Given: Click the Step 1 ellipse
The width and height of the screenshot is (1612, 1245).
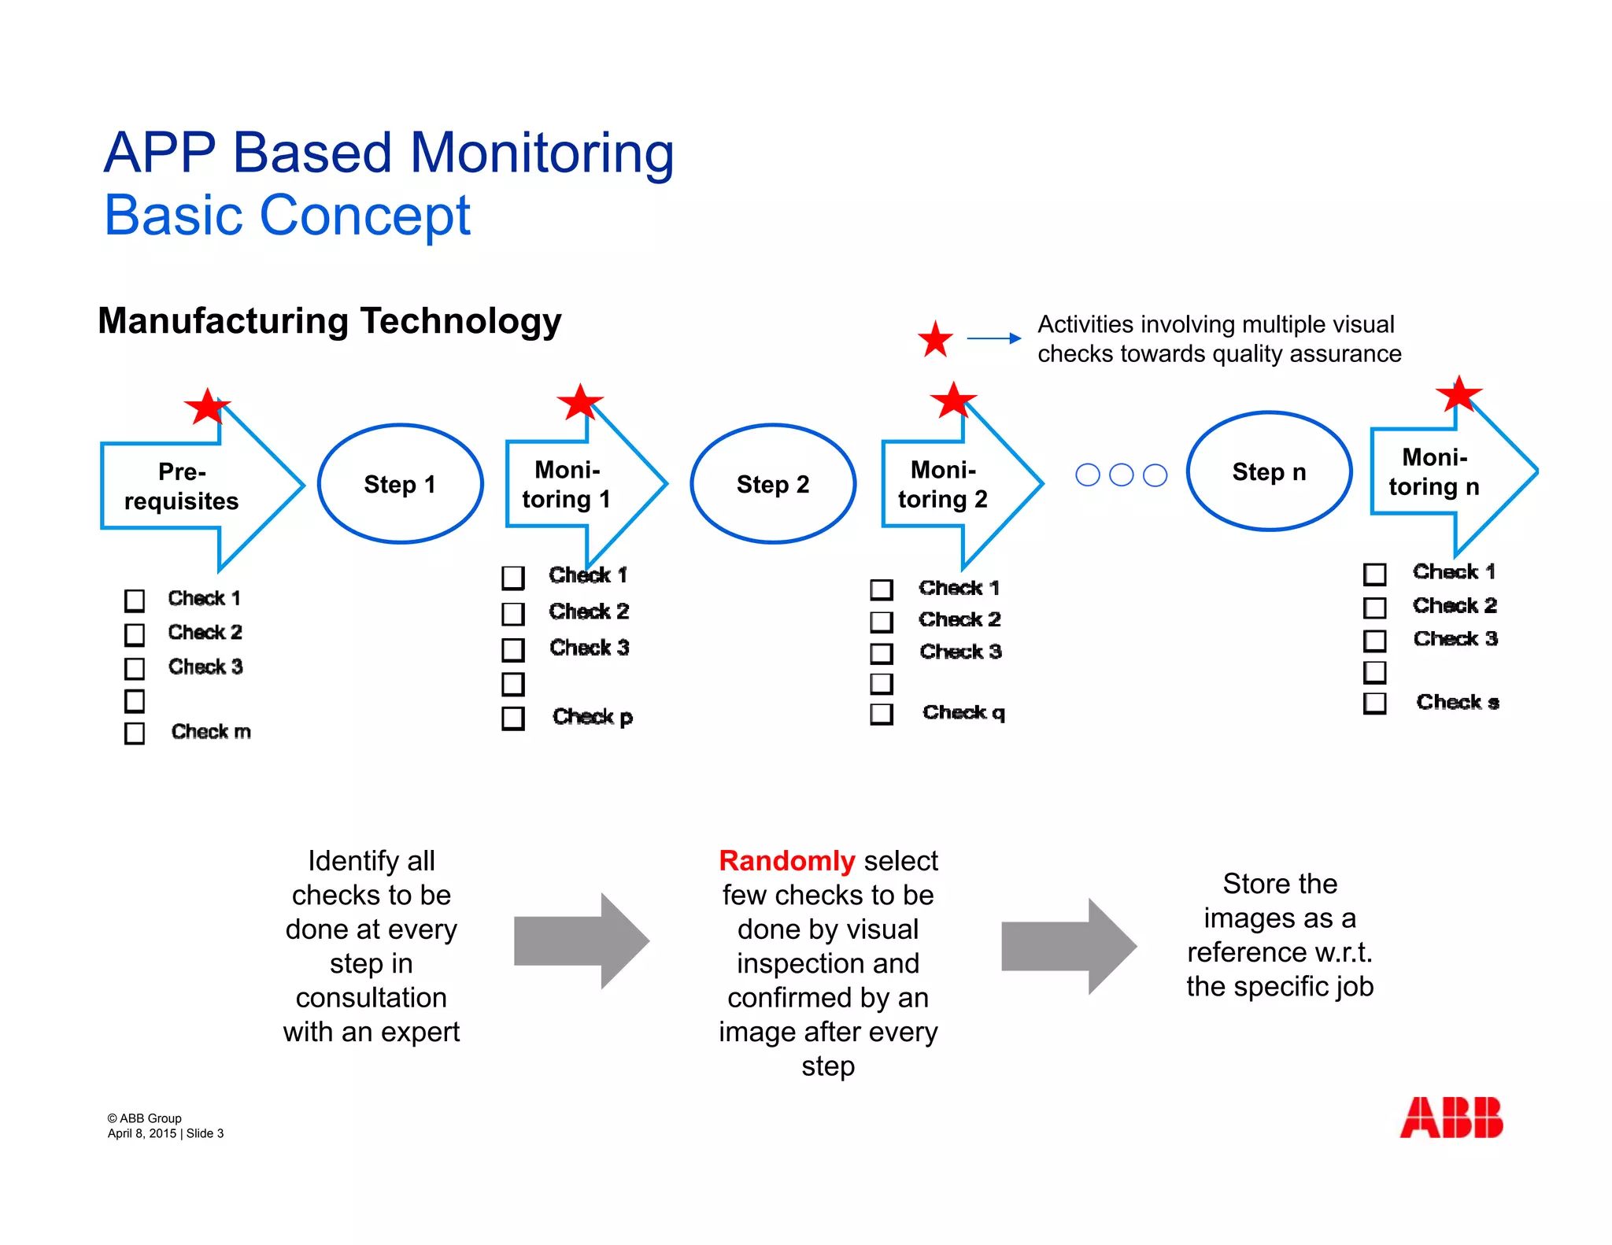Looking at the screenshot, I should point(400,484).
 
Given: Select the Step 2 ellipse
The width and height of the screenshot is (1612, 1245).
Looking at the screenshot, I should point(772,484).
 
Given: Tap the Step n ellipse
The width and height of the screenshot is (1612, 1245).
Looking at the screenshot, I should point(1269,471).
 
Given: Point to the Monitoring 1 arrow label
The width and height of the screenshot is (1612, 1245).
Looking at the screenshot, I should point(567,485).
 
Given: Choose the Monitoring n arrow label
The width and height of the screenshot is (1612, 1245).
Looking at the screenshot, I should point(1434,472).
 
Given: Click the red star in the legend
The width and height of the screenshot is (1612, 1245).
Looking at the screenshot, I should point(935,339).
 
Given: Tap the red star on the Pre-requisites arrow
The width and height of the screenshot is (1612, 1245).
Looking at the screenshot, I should point(206,407).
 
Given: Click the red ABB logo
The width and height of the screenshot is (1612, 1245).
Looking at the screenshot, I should point(1451,1118).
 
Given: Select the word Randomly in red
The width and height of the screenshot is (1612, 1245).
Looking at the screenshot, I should point(786,861).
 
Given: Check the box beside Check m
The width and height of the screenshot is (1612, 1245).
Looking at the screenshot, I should point(135,733).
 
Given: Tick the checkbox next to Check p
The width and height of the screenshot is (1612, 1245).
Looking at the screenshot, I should point(513,718).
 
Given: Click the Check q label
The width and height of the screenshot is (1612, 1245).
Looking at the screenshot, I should point(963,713).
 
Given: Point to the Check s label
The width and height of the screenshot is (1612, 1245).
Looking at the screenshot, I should point(1457,702).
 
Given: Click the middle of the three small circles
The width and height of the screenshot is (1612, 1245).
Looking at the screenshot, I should point(1121,475).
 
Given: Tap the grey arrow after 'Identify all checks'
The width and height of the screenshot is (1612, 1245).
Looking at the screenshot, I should point(581,941).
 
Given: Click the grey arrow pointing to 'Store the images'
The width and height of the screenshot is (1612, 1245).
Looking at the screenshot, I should point(1068,947).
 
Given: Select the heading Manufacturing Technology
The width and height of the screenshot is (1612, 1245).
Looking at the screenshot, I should point(330,321).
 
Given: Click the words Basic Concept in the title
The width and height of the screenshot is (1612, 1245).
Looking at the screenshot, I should point(287,215).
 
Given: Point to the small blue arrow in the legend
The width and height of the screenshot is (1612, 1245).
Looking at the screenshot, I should point(993,338).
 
